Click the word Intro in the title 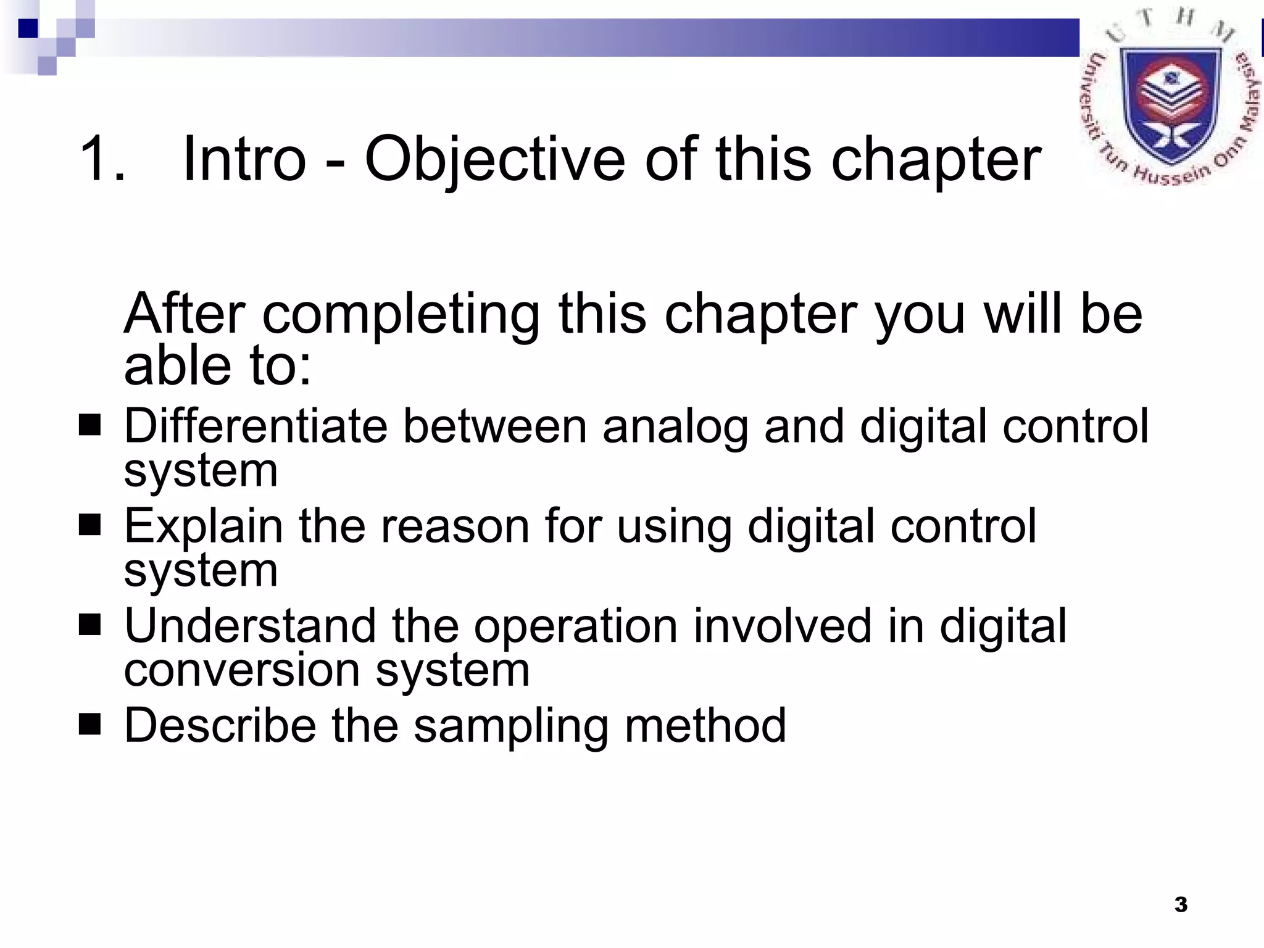tap(244, 159)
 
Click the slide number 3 tap(1181, 904)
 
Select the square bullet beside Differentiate tap(90, 425)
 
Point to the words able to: tap(217, 365)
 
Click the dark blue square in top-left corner tap(28, 28)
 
